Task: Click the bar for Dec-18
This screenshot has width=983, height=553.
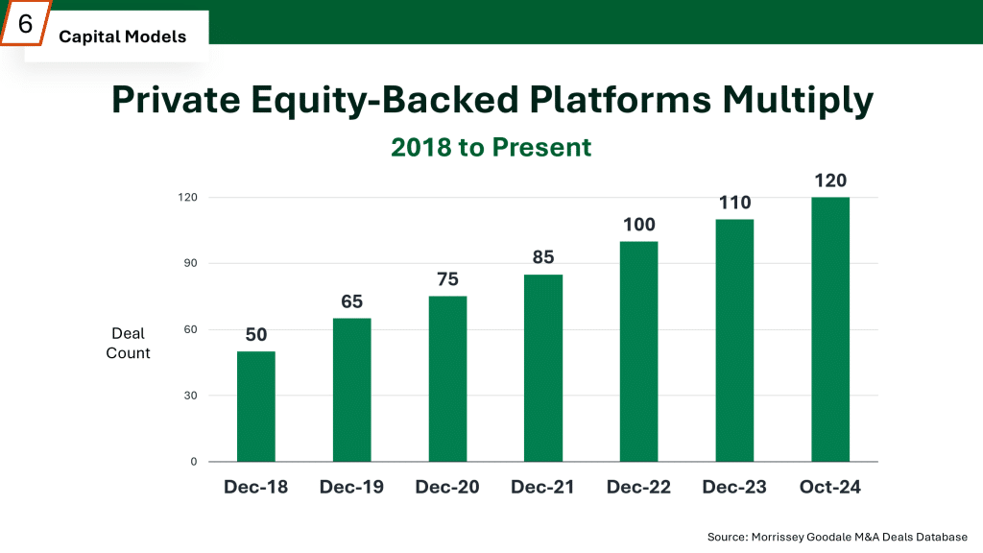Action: click(255, 406)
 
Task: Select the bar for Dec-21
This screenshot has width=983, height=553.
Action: click(543, 368)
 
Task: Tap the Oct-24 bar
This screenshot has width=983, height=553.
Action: click(830, 330)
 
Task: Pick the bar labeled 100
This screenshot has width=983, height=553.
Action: click(638, 351)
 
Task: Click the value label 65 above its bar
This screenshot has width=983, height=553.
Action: click(351, 301)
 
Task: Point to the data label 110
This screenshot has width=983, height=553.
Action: click(734, 203)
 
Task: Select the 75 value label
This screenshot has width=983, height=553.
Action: click(447, 279)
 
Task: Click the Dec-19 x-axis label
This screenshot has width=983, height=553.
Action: click(351, 487)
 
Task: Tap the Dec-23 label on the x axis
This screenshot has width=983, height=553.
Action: click(734, 487)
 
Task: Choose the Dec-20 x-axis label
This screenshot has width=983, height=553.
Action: click(447, 487)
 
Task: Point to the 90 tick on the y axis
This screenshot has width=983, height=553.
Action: click(191, 263)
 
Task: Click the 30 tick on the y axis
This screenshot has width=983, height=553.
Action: click(191, 396)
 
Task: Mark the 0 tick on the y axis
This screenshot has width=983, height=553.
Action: click(194, 462)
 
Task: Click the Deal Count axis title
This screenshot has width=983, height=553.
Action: click(128, 343)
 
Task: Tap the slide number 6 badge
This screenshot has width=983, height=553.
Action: click(25, 24)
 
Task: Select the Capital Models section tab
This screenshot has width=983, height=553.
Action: click(122, 36)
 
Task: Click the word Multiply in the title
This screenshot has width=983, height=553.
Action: click(798, 100)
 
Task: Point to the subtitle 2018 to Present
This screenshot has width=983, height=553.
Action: click(491, 147)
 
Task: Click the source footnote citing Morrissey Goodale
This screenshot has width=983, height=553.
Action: click(837, 537)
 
